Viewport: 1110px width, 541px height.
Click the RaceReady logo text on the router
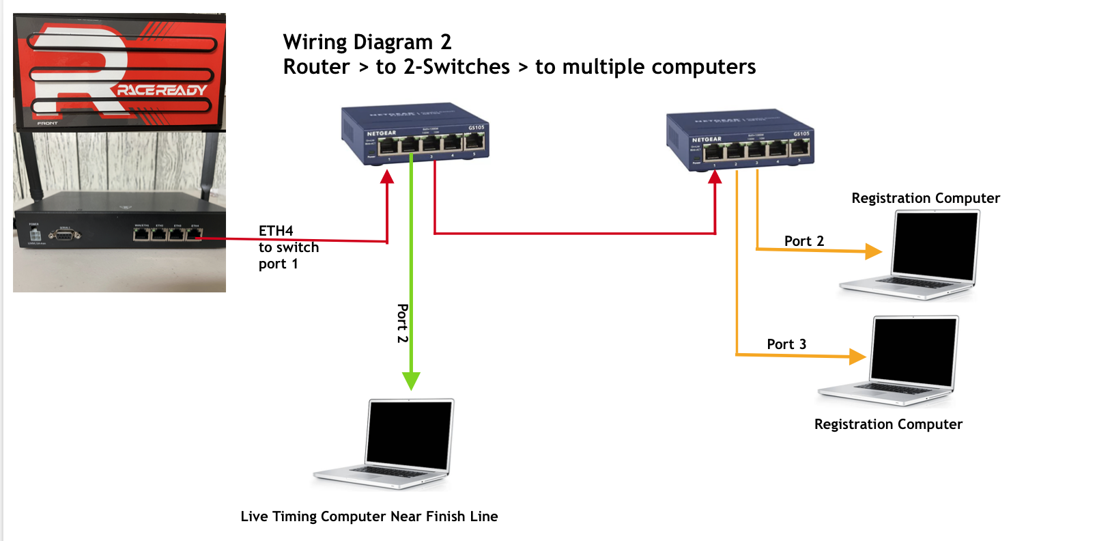click(x=161, y=90)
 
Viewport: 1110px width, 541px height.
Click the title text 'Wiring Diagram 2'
click(x=367, y=42)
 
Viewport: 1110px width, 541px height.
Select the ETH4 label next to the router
click(x=276, y=231)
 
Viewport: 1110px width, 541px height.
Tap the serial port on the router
click(x=65, y=234)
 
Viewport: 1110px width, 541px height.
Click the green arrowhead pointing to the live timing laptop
click(x=411, y=380)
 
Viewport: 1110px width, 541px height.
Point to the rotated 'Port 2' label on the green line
click(x=403, y=323)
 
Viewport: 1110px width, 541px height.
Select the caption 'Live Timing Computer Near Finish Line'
click(x=369, y=516)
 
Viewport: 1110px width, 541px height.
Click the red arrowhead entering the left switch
click(x=387, y=177)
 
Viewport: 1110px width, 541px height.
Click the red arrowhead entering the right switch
click(x=715, y=177)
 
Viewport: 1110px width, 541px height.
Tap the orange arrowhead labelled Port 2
click(x=873, y=251)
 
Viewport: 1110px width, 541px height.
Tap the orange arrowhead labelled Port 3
click(x=857, y=356)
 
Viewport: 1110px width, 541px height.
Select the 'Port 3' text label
click(x=786, y=344)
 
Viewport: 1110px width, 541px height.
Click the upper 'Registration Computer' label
click(x=925, y=198)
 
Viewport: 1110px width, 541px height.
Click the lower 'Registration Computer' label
click(x=888, y=424)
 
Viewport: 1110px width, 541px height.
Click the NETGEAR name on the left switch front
click(x=381, y=133)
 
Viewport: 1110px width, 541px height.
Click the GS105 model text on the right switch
click(x=801, y=134)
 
